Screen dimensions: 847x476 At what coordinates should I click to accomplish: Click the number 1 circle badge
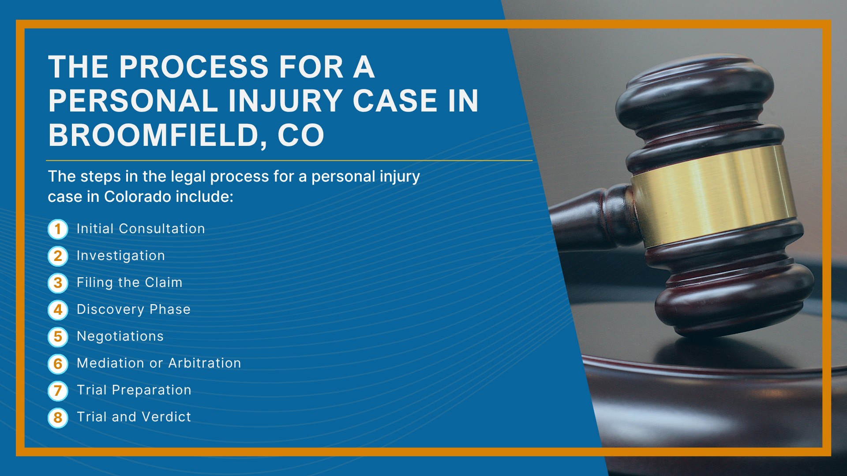coord(58,229)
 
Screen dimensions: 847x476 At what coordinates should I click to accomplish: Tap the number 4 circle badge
coord(58,310)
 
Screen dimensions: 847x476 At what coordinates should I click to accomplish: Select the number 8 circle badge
coord(58,417)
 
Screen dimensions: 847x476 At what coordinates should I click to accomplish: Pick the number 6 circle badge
coord(58,364)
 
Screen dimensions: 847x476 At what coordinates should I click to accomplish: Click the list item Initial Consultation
coord(141,229)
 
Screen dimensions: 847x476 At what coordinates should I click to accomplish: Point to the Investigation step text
coord(121,256)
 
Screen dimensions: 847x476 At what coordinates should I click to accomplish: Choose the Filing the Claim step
coord(129,283)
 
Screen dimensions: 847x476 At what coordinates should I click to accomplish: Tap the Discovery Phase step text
coord(134,309)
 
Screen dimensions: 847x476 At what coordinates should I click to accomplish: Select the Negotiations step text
coord(120,336)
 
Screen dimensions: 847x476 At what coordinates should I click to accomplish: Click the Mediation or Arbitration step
coord(159,363)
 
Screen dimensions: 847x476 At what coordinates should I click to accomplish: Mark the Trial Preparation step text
coord(134,390)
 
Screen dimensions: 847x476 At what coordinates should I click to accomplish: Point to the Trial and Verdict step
coord(134,417)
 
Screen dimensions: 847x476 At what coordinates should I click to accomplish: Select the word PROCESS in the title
coord(194,67)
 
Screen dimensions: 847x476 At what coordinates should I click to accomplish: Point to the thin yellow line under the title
coord(289,160)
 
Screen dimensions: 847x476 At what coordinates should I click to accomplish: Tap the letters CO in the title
coord(301,135)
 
